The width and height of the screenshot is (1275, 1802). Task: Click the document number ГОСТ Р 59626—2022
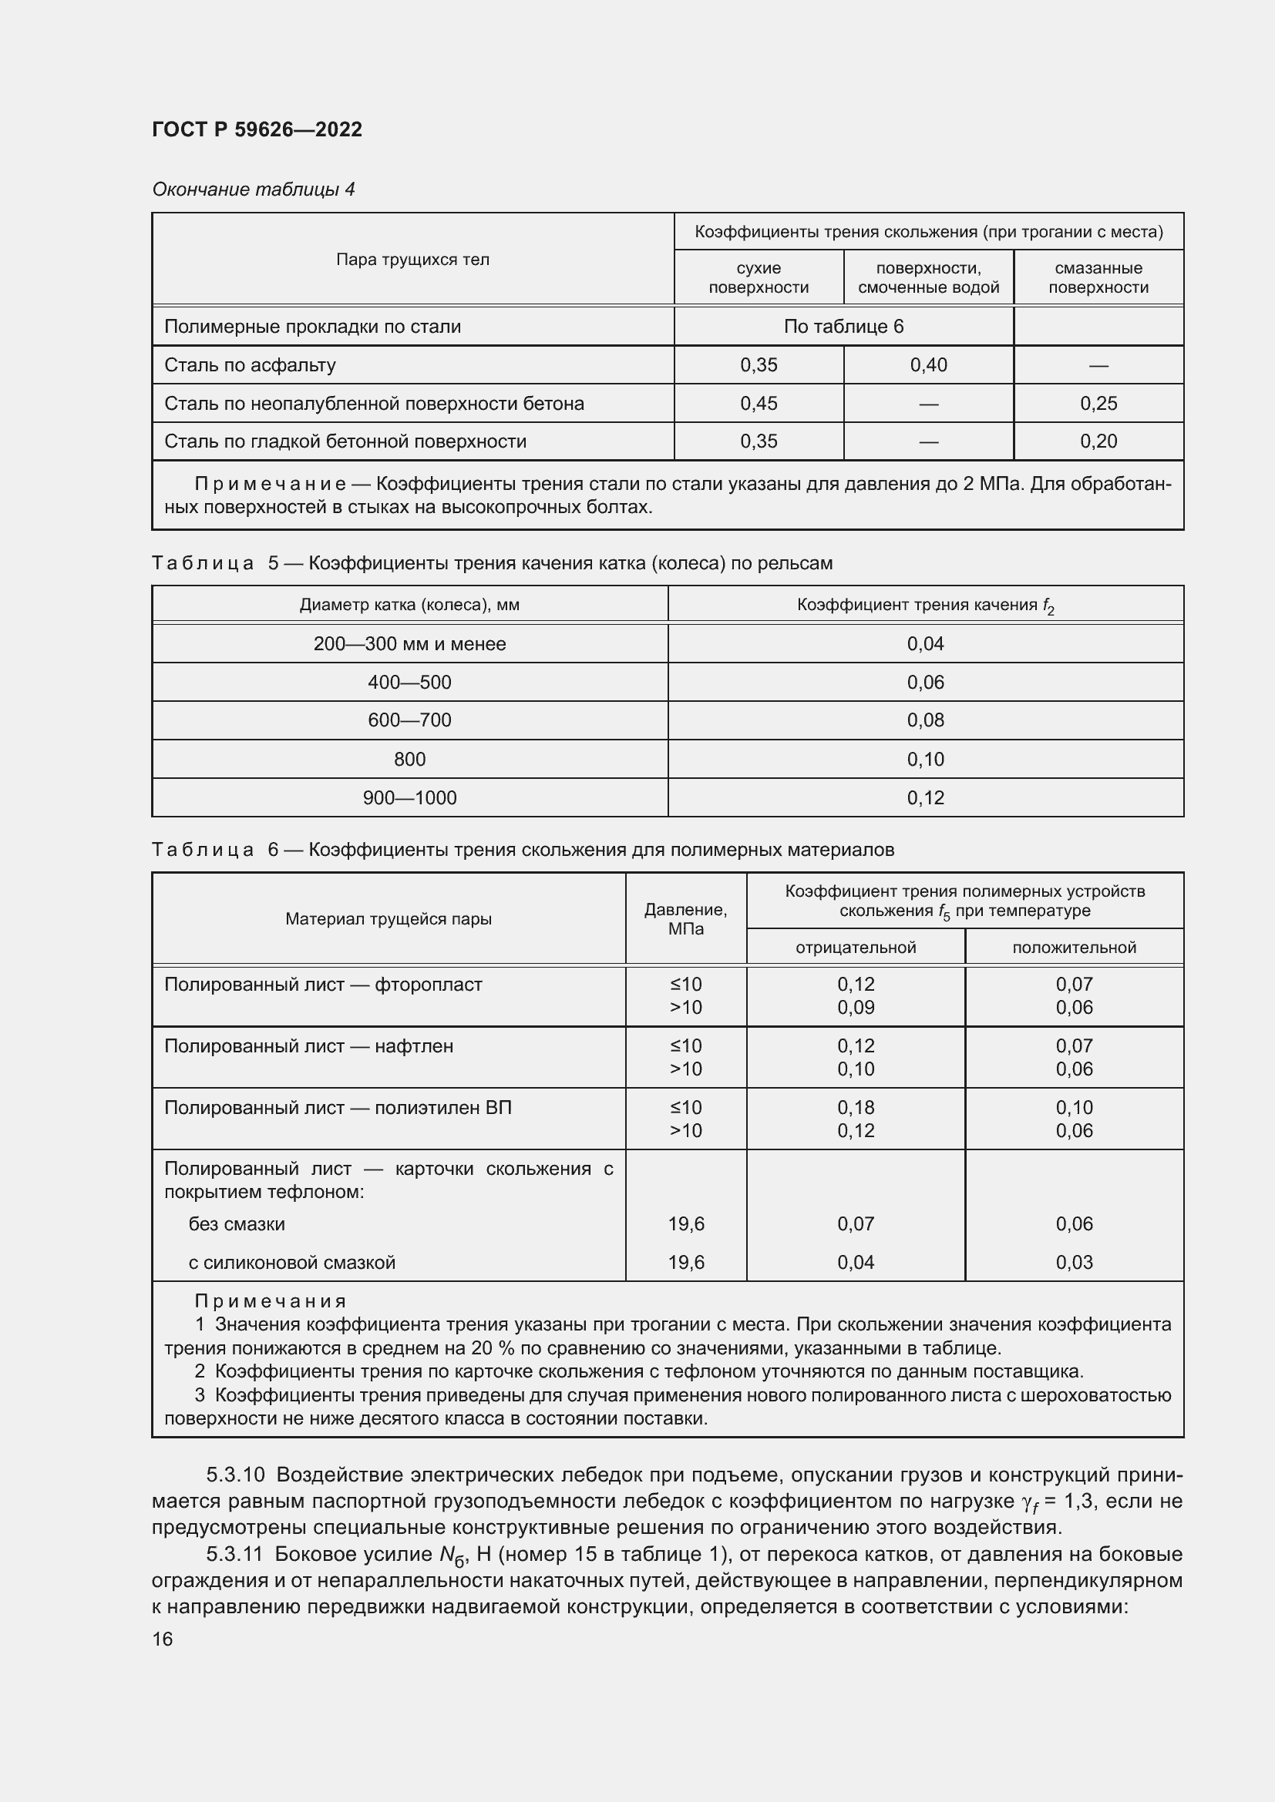[x=257, y=129]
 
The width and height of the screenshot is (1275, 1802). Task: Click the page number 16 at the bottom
[x=162, y=1639]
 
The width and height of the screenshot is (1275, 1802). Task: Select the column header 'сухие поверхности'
[x=758, y=277]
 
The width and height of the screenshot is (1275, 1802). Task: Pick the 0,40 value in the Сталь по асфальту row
[x=928, y=365]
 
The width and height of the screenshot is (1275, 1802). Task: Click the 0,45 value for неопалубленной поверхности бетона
[x=758, y=404]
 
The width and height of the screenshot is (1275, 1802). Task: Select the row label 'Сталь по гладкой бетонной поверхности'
[x=345, y=441]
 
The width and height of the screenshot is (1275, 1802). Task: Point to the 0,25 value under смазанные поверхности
[x=1098, y=404]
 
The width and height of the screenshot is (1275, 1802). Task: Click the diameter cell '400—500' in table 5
[x=409, y=682]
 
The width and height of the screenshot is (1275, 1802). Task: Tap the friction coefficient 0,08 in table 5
[x=925, y=720]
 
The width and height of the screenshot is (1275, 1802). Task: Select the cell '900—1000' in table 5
[x=409, y=797]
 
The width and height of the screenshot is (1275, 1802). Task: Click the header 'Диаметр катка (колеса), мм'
[x=409, y=605]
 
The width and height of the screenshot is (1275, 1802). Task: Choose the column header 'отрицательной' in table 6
[x=855, y=948]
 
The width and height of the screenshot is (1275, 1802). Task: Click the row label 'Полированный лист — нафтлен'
[x=308, y=1046]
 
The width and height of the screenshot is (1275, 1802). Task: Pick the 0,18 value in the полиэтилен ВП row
[x=855, y=1107]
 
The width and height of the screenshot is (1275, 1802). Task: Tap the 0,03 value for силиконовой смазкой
[x=1073, y=1262]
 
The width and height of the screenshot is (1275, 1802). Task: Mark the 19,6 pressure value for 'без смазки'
[x=685, y=1223]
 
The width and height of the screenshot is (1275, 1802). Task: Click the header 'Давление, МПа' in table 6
[x=685, y=919]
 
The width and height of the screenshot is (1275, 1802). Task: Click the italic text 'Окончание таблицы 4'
[x=253, y=190]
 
